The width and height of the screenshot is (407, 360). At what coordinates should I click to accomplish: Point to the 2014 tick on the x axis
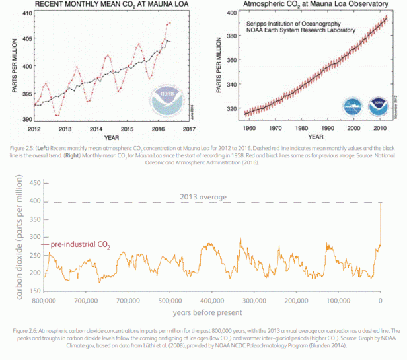point(96,129)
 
